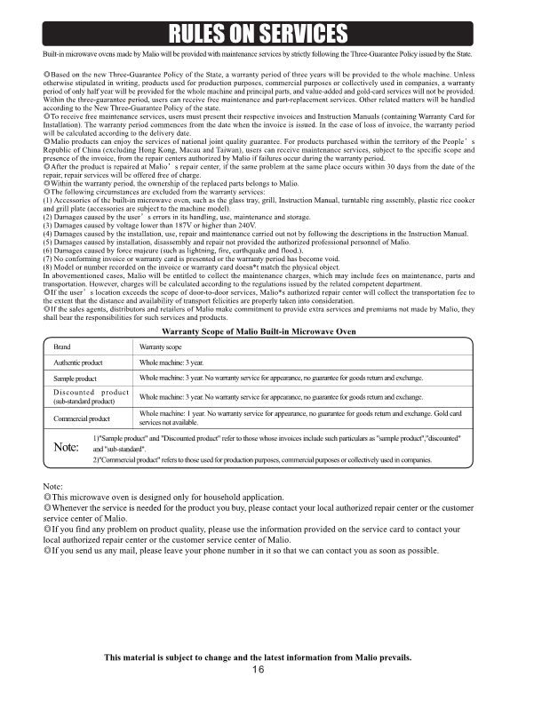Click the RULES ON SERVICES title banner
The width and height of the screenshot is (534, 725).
point(258,33)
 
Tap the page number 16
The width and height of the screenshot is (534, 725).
point(258,669)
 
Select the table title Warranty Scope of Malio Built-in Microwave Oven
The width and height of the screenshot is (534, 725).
point(259,331)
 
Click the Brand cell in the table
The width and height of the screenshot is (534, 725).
point(62,347)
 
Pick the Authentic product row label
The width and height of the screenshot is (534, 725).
point(78,362)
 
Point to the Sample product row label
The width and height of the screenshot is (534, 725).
point(75,378)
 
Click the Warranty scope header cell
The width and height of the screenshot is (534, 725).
point(161,347)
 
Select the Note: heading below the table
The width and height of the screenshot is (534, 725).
point(52,485)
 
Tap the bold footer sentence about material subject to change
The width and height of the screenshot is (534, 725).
point(258,657)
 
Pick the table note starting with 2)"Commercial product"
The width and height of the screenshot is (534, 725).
point(262,459)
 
